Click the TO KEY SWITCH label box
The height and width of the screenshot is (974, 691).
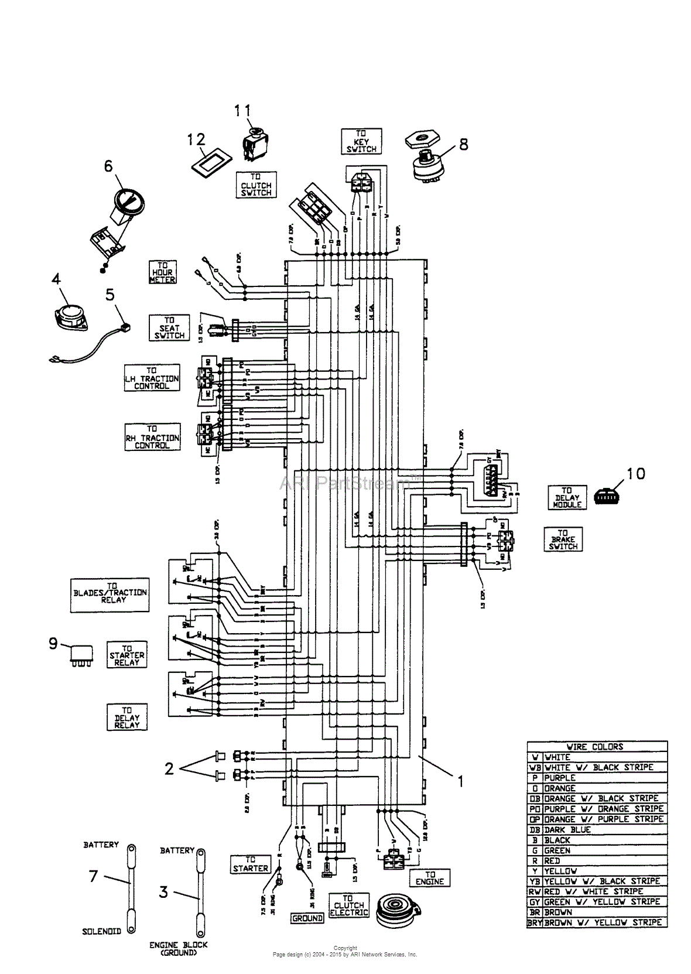pyautogui.click(x=361, y=142)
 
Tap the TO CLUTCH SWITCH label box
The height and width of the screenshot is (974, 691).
pyautogui.click(x=256, y=185)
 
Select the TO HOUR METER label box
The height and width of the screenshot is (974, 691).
pyautogui.click(x=162, y=272)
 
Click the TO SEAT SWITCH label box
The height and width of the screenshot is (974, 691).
pyautogui.click(x=169, y=328)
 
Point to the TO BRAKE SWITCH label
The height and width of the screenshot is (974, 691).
pyautogui.click(x=563, y=539)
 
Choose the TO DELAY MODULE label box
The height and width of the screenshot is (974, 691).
pyautogui.click(x=567, y=497)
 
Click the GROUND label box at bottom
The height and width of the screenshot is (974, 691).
pyautogui.click(x=307, y=918)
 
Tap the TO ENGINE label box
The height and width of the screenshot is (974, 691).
pyautogui.click(x=430, y=878)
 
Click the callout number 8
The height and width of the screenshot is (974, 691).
pyautogui.click(x=464, y=144)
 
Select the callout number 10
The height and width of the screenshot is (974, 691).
pyautogui.click(x=636, y=473)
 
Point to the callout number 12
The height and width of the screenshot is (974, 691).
pyautogui.click(x=196, y=139)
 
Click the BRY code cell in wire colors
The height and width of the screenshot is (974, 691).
pyautogui.click(x=535, y=922)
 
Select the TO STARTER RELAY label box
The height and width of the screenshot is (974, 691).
pyautogui.click(x=126, y=655)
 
